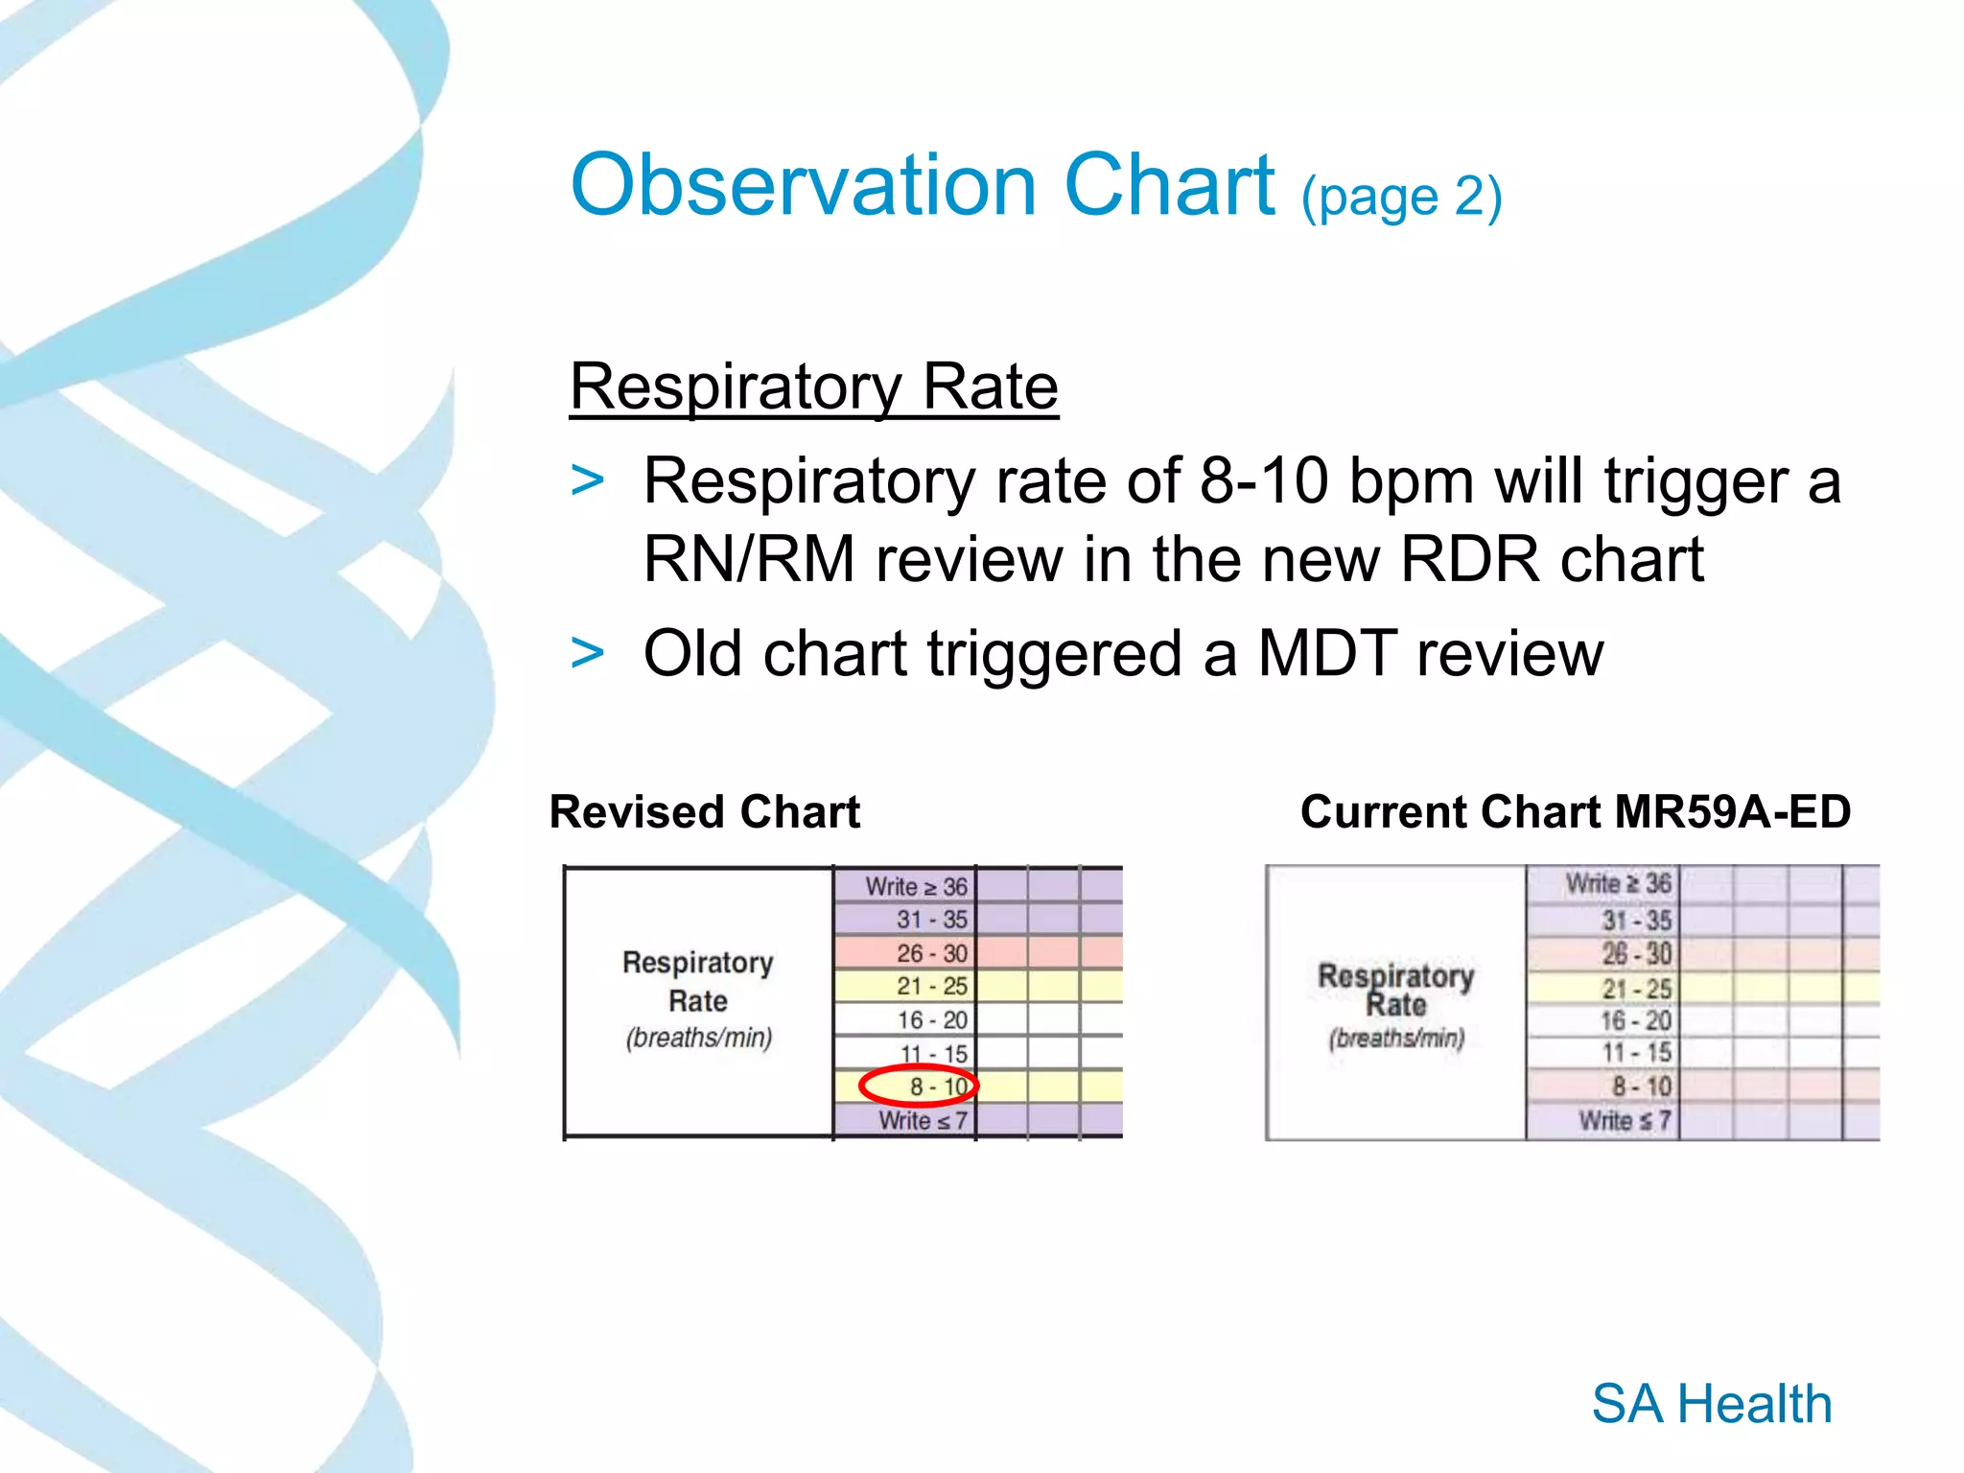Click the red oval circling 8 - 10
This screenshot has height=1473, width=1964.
pos(919,1086)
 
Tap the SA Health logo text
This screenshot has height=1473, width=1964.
pos(1711,1404)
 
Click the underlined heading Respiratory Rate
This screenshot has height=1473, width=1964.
pos(813,386)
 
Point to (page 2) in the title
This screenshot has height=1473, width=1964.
pos(1401,197)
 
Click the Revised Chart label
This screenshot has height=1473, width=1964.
pos(704,812)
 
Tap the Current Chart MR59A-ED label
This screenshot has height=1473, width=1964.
pos(1575,812)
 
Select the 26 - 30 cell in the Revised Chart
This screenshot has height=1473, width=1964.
pos(931,953)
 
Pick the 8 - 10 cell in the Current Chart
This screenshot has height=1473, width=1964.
pos(1641,1087)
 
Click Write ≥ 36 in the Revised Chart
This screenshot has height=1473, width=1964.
pos(916,886)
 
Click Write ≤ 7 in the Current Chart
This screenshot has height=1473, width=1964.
pos(1625,1120)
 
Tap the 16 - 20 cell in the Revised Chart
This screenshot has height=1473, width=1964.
pos(931,1020)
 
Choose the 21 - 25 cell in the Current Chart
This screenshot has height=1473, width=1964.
pos(1636,989)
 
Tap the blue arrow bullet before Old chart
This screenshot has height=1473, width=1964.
pos(587,653)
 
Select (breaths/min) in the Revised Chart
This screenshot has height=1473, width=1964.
pos(698,1038)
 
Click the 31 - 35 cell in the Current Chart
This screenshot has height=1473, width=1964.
pos(1636,921)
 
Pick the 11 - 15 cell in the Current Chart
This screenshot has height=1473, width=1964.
pos(1636,1052)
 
